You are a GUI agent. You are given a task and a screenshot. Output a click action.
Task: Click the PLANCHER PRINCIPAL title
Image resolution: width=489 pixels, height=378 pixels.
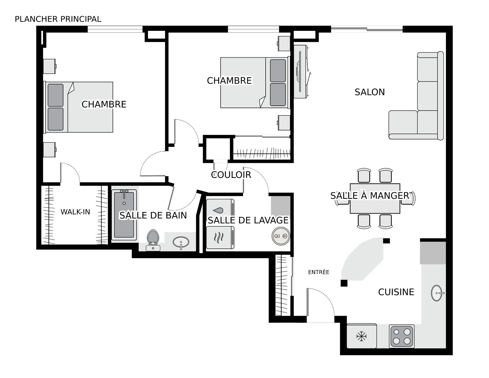[x=58, y=19]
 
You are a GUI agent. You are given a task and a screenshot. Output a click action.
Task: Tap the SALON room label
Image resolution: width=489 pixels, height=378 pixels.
[x=370, y=92]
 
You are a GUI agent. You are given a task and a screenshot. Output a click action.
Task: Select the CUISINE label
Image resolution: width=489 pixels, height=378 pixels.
[x=396, y=292]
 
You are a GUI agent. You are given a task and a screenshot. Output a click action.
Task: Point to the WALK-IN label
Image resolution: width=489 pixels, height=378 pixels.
[x=75, y=212]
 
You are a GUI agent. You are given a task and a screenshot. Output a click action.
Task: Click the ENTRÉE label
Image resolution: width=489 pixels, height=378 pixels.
[x=319, y=272]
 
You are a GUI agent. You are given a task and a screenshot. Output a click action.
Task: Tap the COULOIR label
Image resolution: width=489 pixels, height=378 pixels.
[x=231, y=175]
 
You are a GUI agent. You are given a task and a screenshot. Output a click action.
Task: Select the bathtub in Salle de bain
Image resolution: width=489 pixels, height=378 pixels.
[x=124, y=215]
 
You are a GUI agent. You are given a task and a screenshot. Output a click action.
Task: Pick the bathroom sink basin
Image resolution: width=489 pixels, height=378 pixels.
[x=181, y=242]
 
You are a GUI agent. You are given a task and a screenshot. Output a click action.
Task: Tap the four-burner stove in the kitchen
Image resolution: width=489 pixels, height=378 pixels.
[x=401, y=336]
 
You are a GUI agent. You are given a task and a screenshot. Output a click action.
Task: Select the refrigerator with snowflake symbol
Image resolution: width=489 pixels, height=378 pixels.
[x=362, y=336]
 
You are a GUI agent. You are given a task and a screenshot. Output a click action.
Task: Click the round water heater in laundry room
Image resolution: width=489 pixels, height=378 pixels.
[x=281, y=236]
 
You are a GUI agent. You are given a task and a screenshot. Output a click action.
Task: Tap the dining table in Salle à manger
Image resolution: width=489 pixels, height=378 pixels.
[x=375, y=199]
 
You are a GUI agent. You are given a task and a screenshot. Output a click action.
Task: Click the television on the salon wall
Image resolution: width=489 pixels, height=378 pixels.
[x=301, y=72]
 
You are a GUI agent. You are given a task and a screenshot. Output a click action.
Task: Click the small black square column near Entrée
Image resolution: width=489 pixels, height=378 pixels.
[x=344, y=283]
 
